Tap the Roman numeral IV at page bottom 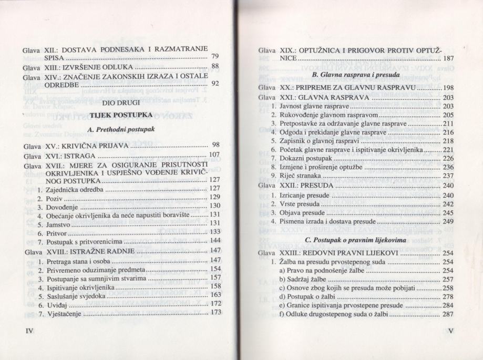(22, 332)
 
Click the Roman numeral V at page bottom (451, 332)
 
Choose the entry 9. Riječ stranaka (296, 176)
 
